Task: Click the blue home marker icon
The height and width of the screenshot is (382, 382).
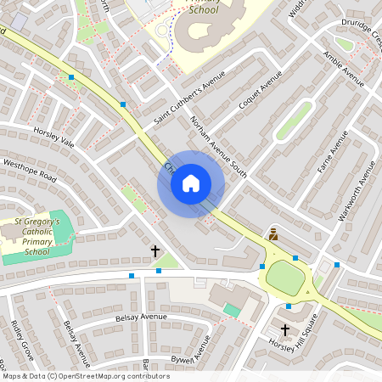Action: [191, 183]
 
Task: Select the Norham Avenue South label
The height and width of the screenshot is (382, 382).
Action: [218, 147]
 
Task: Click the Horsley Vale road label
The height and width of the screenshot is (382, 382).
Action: [54, 138]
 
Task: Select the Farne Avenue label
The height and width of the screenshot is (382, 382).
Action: [328, 158]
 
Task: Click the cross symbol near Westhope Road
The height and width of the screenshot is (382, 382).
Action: [155, 251]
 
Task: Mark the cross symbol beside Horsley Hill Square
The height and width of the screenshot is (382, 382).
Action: [285, 329]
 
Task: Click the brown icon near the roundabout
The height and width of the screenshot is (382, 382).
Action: [273, 233]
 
